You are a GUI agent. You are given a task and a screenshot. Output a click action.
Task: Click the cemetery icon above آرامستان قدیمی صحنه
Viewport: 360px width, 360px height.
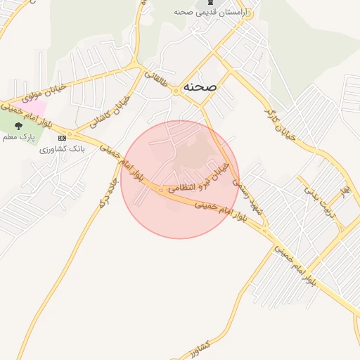tap(212, 2)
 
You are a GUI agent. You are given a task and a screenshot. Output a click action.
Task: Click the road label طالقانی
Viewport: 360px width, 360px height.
tap(160, 80)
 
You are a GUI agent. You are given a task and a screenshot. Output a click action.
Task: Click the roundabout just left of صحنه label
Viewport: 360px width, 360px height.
tap(176, 91)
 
